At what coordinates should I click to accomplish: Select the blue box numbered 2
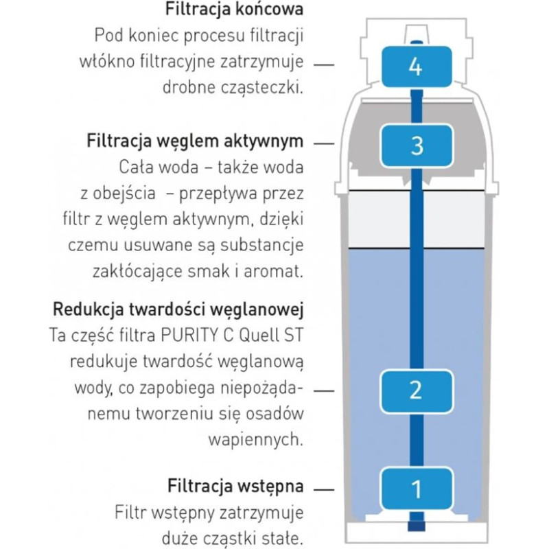pos(414,390)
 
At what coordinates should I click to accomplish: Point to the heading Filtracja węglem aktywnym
pos(195,141)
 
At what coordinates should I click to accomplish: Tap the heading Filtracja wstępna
pos(235,487)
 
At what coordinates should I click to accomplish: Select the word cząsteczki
pos(261,87)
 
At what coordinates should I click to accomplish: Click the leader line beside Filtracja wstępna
pos(324,489)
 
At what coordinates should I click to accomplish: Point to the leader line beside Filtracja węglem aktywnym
pos(324,143)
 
